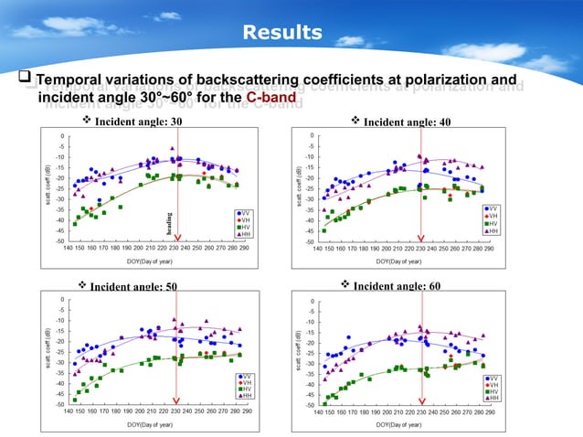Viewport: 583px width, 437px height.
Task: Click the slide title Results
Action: tap(282, 34)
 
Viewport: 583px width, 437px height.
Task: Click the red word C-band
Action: tap(269, 97)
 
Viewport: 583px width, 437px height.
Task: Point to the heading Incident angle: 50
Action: tap(133, 286)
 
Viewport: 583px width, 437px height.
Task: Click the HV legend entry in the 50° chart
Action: tap(244, 389)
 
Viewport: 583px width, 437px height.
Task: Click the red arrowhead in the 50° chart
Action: tap(177, 398)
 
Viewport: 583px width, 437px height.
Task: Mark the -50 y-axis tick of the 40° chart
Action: tap(311, 241)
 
